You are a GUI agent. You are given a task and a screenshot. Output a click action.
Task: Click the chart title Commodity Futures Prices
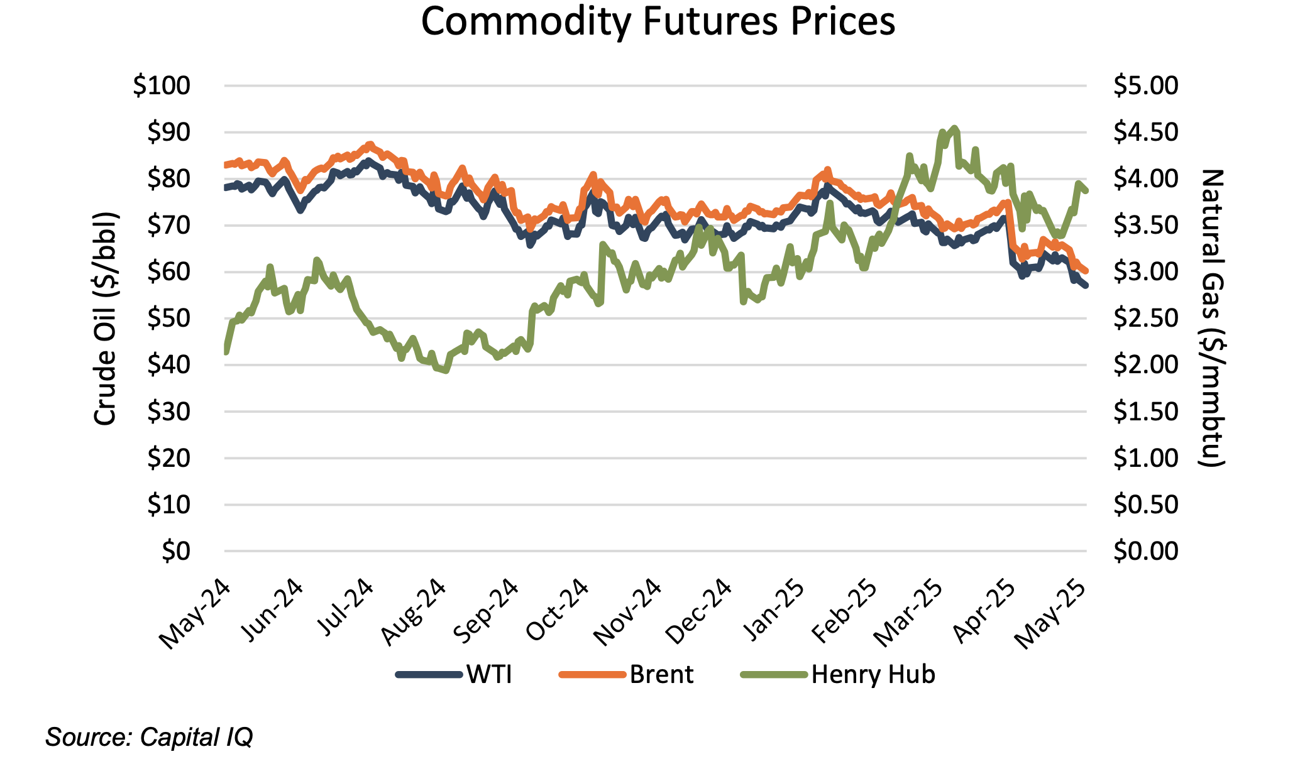[658, 23]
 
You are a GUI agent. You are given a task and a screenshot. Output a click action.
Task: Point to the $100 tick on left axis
[161, 86]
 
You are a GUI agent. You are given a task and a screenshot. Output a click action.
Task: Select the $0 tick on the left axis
[175, 551]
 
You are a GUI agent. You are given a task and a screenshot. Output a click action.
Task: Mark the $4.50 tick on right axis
[1145, 133]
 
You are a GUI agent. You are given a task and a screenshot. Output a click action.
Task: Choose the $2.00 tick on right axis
[1145, 365]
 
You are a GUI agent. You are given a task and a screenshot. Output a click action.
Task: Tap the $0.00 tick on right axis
[1145, 551]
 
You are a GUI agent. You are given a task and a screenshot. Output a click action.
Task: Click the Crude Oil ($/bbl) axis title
[106, 319]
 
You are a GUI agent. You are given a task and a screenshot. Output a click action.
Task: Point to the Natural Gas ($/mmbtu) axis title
[1212, 319]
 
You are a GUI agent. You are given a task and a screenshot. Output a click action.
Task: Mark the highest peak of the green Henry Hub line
[955, 128]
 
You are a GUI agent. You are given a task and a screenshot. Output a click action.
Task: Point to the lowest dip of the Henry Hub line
[446, 371]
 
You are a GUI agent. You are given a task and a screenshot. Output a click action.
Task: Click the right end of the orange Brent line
[1086, 271]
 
